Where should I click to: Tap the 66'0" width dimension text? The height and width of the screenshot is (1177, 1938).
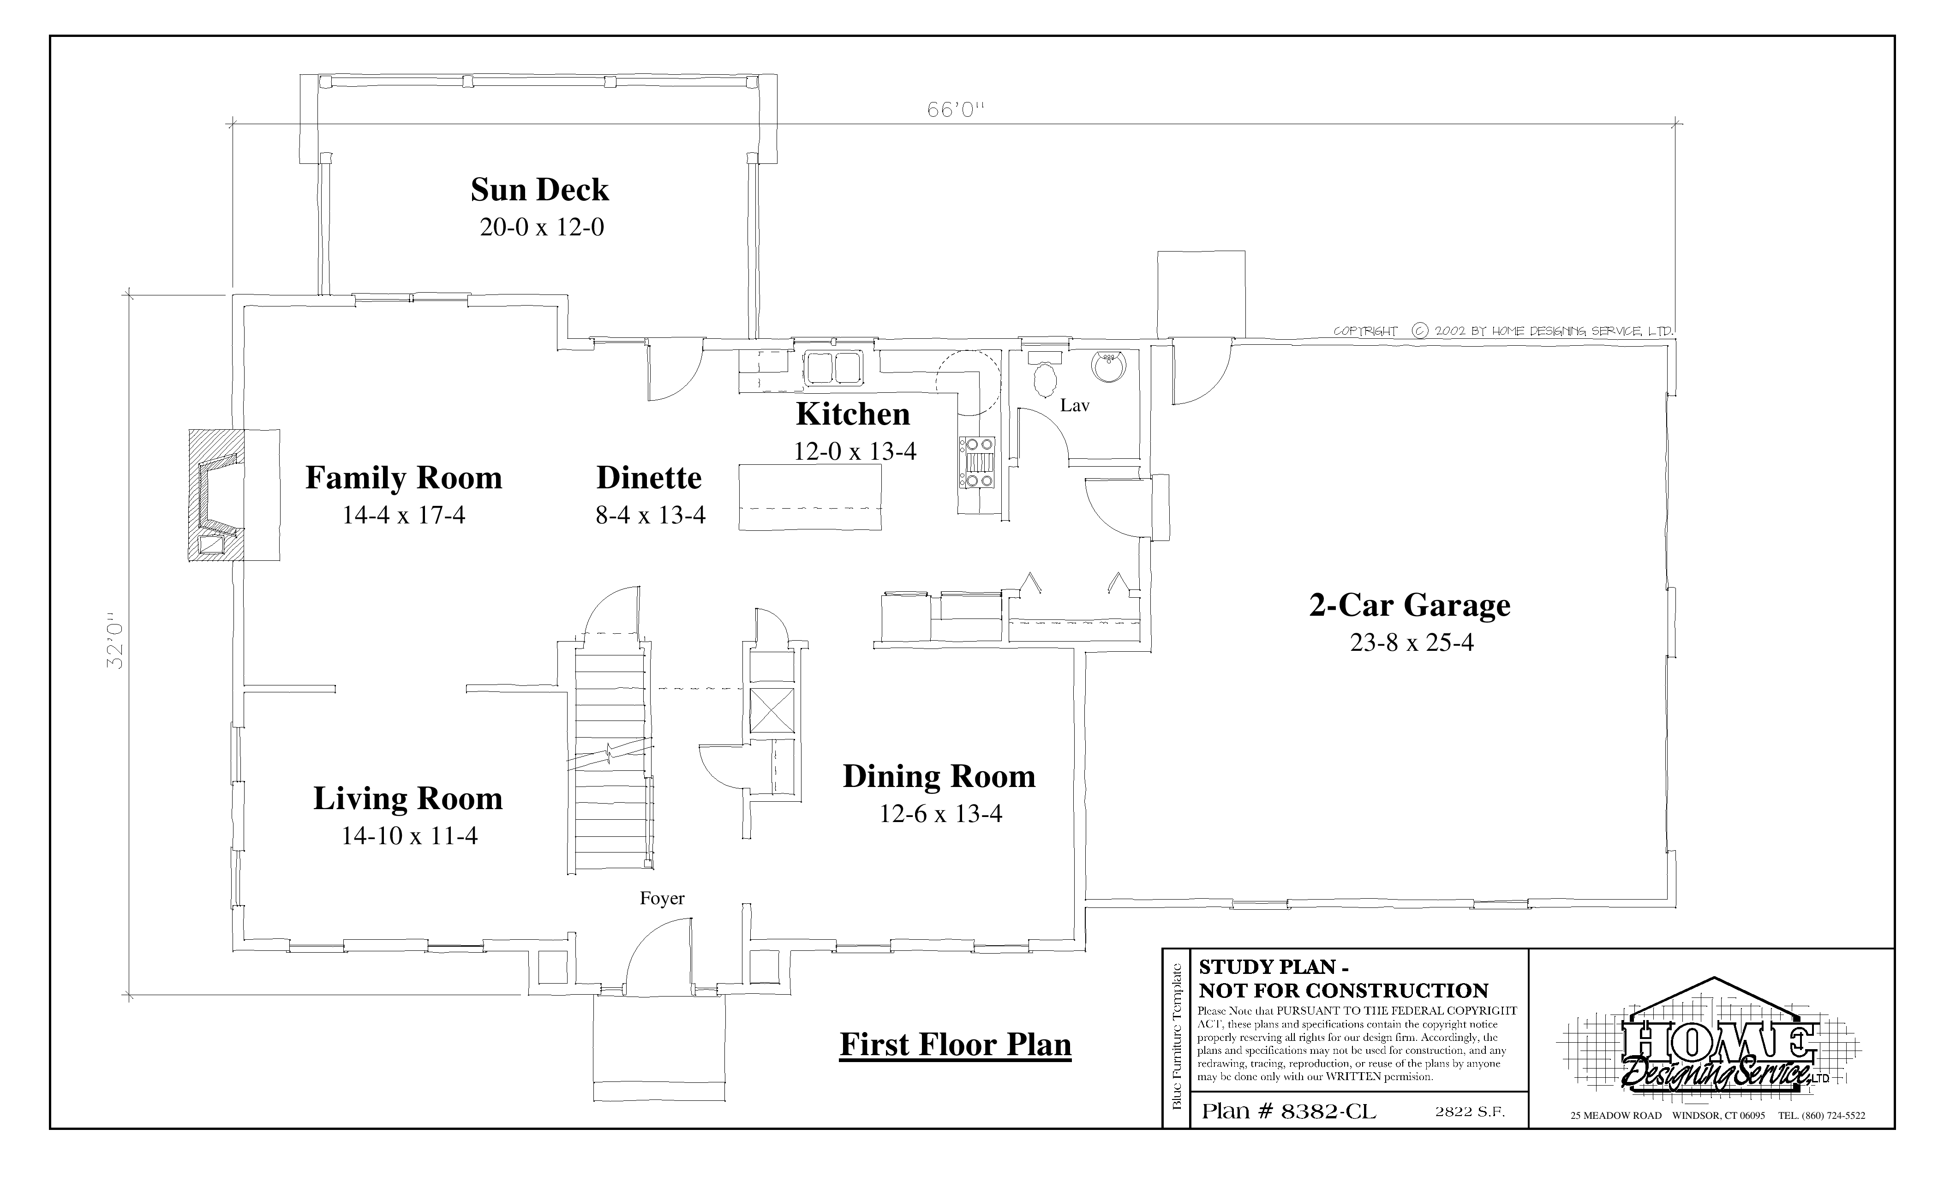(x=956, y=110)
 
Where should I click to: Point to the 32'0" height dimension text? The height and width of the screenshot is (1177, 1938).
(x=116, y=641)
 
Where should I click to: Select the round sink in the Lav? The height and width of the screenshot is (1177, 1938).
(x=1108, y=366)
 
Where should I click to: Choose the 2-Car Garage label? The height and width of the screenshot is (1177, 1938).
(x=1410, y=605)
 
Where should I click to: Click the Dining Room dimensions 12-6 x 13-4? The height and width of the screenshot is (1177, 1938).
(x=941, y=813)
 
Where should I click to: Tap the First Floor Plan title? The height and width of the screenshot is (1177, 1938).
(x=956, y=1045)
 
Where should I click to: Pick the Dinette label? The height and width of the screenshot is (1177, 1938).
(x=649, y=478)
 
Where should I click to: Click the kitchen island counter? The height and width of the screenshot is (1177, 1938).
(x=810, y=498)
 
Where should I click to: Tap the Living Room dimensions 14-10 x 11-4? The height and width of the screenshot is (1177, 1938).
(x=409, y=835)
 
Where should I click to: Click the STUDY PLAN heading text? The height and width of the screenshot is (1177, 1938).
(x=1343, y=978)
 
